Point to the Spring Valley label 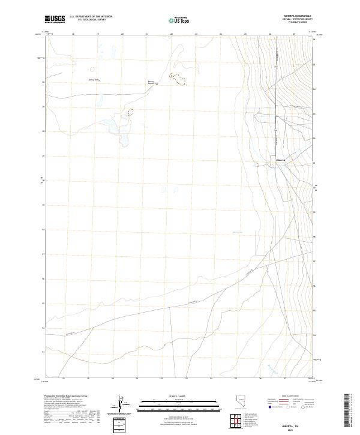point(93,79)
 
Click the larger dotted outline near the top point(177,78)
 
